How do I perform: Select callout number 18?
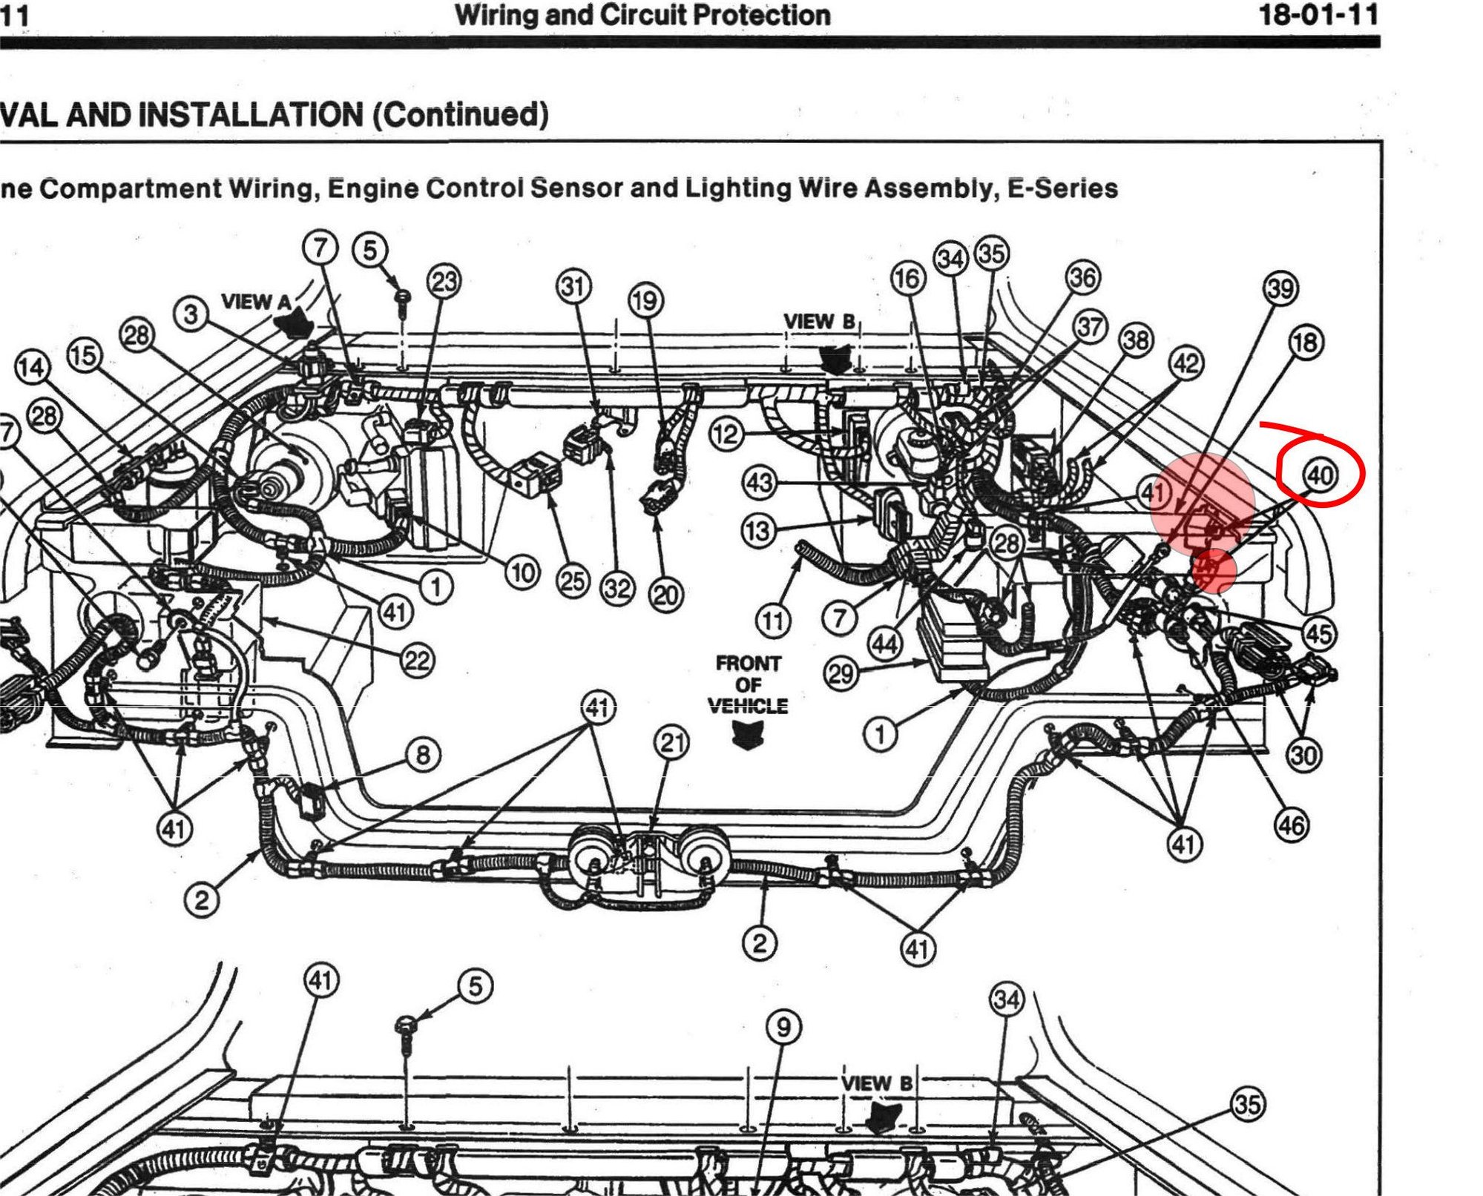[x=1306, y=343]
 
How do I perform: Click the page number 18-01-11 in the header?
[x=1318, y=14]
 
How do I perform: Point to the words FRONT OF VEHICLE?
[x=748, y=684]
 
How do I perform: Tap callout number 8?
[x=423, y=755]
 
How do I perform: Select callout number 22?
[x=417, y=659]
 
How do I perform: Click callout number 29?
[x=841, y=674]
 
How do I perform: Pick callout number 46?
[x=1291, y=825]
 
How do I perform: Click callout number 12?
[x=726, y=433]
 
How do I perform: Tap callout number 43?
[x=759, y=483]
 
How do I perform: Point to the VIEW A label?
[x=257, y=302]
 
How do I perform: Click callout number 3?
[x=191, y=314]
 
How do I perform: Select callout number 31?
[x=573, y=286]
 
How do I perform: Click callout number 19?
[x=646, y=301]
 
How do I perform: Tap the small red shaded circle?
[x=1214, y=570]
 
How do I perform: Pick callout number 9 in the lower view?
[x=783, y=1027]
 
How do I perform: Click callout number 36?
[x=1082, y=277]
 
